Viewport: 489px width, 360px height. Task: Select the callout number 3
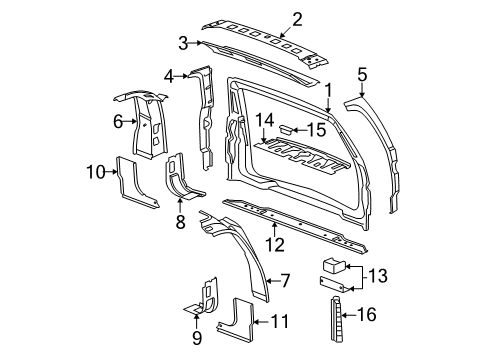click(x=182, y=42)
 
